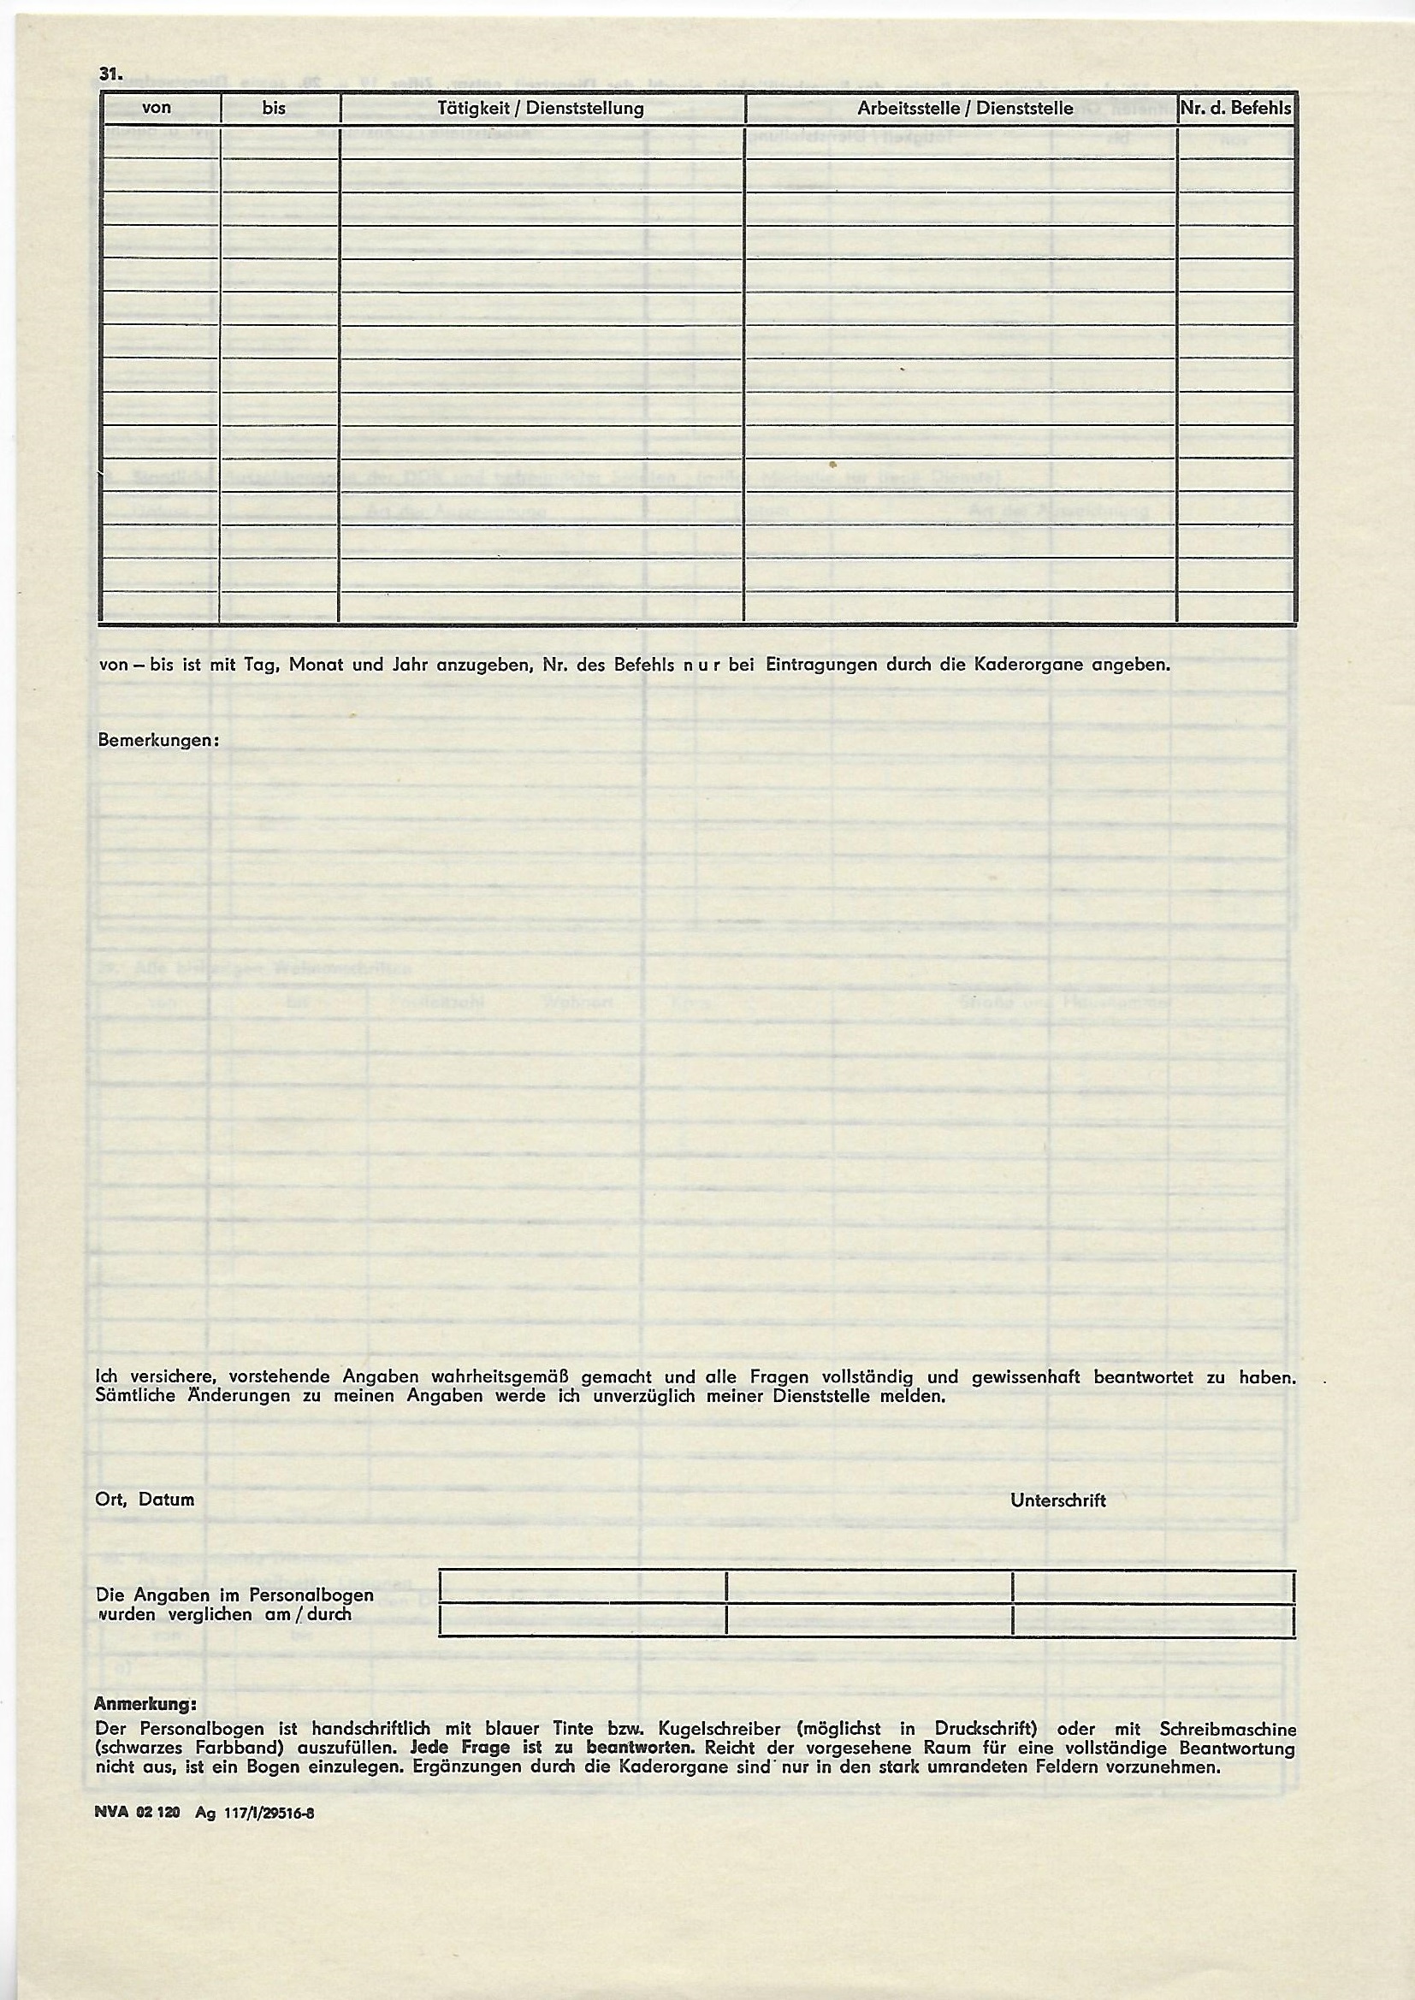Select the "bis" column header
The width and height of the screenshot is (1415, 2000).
(x=274, y=109)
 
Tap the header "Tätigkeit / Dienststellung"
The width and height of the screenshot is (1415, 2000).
(x=541, y=109)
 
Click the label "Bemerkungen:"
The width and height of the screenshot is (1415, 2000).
(x=157, y=741)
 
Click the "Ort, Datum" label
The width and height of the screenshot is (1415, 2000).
(x=145, y=1500)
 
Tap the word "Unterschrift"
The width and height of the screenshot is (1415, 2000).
(x=1057, y=1500)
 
